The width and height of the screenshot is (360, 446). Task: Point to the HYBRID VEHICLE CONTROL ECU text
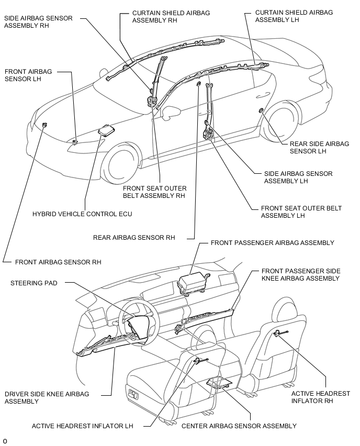coord(82,214)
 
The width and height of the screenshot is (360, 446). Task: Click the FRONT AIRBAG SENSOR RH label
coord(58,262)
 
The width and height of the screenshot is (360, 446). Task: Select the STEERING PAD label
coord(34,283)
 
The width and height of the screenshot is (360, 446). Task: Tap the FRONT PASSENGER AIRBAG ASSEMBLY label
coord(272,243)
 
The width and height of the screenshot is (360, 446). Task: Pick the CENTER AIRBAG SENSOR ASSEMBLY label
coord(232,426)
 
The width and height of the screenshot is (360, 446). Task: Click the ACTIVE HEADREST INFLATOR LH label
coord(82,426)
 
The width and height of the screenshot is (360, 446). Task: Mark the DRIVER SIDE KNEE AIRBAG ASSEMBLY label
coord(47,397)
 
